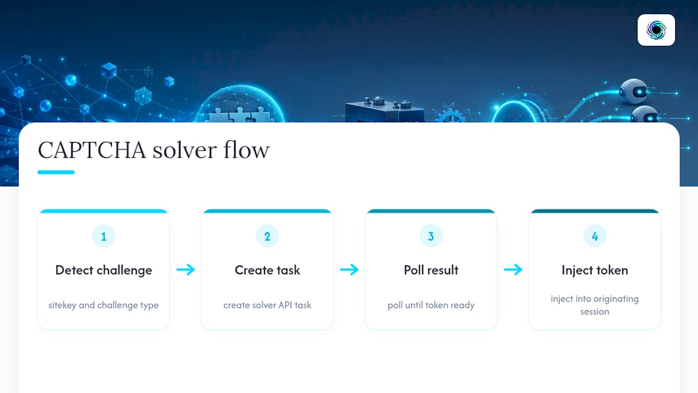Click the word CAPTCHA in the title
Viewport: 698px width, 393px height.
tap(92, 150)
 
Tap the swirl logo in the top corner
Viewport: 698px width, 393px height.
tap(656, 30)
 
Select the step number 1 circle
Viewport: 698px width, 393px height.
tap(104, 236)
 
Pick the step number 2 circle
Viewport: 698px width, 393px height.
tap(267, 236)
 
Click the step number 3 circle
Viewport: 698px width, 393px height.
tap(431, 236)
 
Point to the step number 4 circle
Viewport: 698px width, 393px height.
tap(595, 236)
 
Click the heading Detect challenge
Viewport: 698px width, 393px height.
tap(104, 270)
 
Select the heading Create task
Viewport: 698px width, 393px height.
tap(267, 270)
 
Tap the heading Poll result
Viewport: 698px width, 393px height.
tap(431, 270)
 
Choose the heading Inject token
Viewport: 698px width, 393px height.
tap(595, 270)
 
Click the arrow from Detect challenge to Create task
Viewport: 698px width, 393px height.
tap(186, 270)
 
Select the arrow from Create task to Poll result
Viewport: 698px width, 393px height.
tap(350, 270)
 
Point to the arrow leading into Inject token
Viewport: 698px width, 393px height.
tap(513, 270)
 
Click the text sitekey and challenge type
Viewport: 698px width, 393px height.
tap(104, 305)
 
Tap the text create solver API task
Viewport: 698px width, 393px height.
tap(267, 305)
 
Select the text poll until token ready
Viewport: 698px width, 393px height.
tap(431, 305)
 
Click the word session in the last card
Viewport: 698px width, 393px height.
tap(594, 312)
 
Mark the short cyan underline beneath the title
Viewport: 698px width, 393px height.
tap(56, 172)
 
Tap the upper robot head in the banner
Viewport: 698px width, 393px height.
tap(634, 91)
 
